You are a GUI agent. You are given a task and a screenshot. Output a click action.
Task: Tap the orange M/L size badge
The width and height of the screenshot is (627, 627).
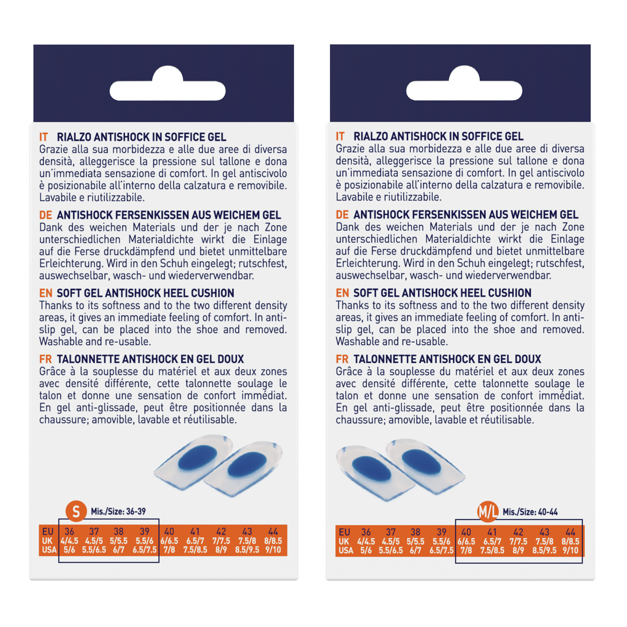488,512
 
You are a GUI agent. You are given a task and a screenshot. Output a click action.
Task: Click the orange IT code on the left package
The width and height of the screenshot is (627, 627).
44,137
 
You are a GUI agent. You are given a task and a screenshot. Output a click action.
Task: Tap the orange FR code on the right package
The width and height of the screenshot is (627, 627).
342,359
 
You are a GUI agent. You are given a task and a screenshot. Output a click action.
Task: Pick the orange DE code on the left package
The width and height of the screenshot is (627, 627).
45,215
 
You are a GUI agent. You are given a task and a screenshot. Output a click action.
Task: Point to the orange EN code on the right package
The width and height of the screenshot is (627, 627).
342,293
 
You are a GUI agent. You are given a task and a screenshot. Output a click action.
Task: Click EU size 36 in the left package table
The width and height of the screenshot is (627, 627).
69,531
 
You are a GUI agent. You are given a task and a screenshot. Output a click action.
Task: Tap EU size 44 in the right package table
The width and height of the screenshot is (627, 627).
570,532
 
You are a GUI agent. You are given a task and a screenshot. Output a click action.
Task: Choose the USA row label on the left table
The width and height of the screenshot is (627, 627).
49,550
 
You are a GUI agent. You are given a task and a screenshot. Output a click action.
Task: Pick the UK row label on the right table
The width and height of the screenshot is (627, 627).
344,541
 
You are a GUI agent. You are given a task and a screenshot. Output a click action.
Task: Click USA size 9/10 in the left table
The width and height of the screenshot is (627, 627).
273,550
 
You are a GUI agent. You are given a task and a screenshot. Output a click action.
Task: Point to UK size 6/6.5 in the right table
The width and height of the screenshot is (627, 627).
466,541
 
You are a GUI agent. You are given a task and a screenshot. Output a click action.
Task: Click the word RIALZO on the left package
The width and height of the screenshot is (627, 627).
74,137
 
